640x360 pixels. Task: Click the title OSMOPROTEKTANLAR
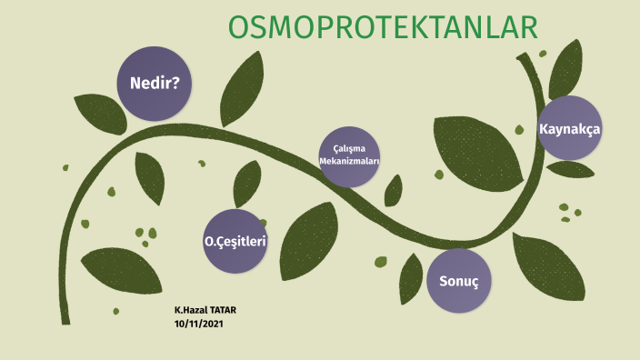coord(383,28)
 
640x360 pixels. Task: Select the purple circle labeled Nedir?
coord(155,84)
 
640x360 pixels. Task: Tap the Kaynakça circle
coord(570,129)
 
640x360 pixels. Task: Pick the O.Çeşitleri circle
coord(235,242)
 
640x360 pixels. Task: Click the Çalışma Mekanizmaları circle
coord(349,155)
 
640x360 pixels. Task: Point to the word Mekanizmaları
coord(349,161)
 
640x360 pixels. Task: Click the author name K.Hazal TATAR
coord(205,311)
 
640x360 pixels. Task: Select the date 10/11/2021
coord(198,324)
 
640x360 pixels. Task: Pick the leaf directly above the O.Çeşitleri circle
coord(247,184)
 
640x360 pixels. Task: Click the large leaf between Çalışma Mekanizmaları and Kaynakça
coord(474,149)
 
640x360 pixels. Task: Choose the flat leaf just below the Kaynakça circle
coord(571,169)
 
